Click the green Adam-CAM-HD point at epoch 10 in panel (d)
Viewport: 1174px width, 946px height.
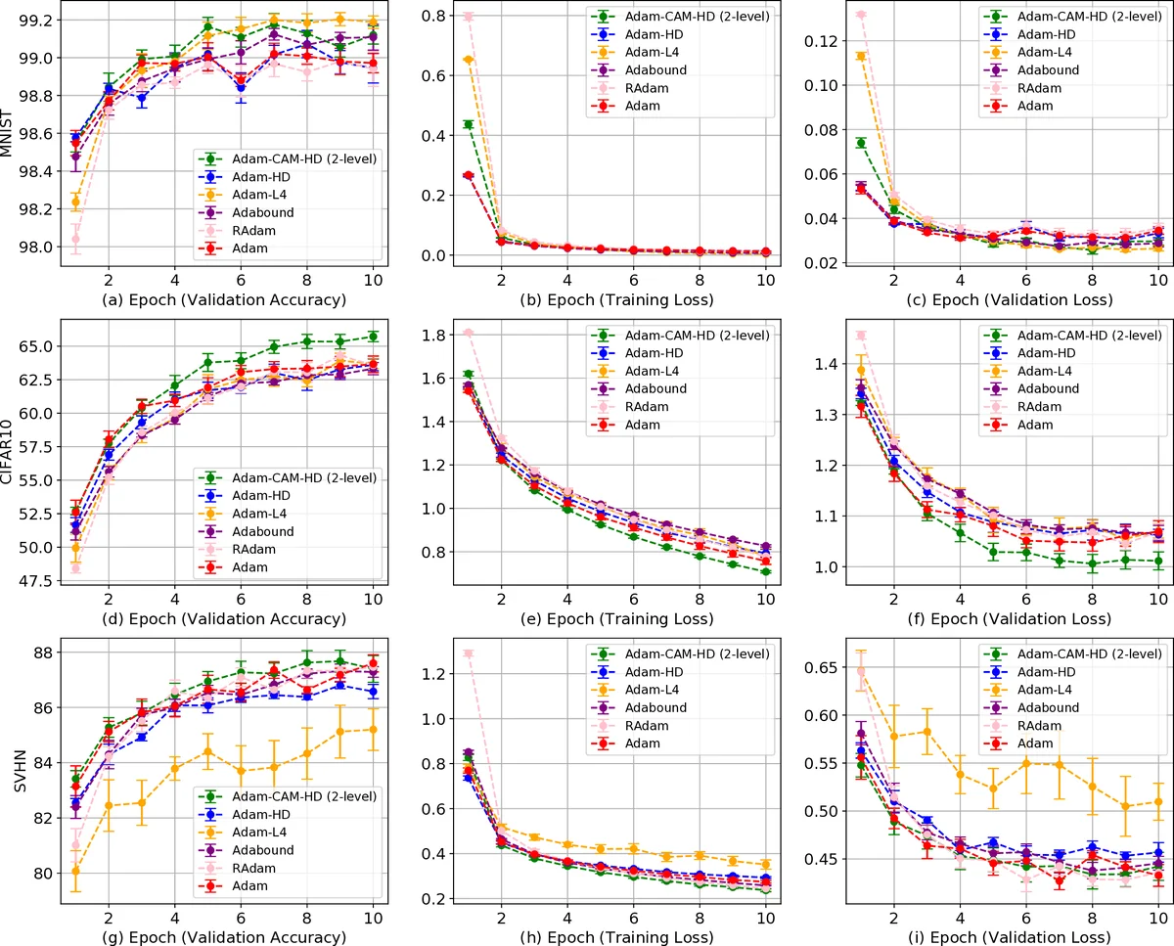[372, 337]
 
